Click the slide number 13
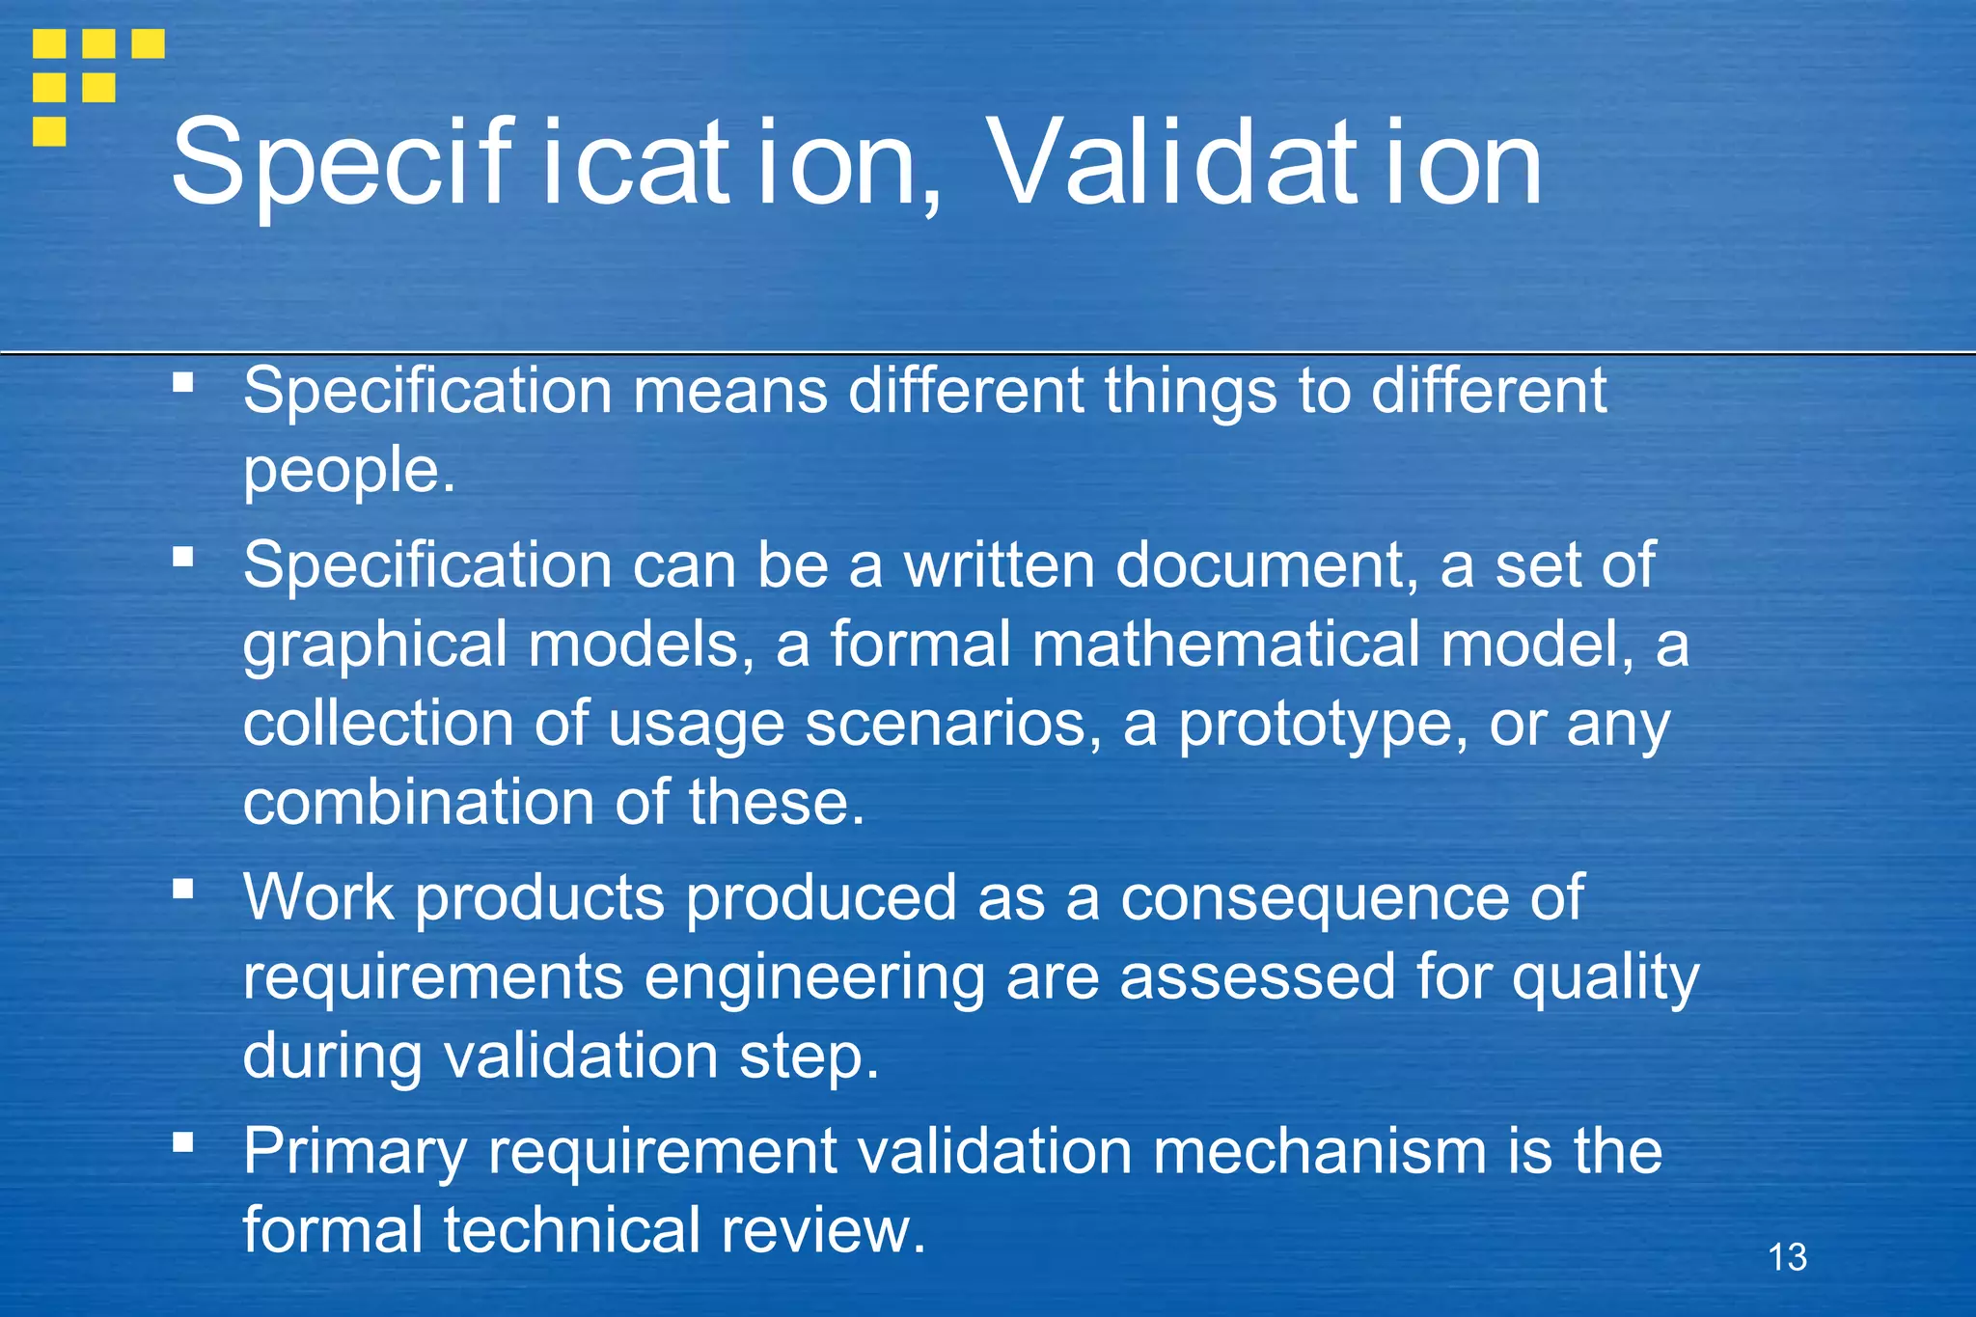tap(1787, 1257)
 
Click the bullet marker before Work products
tap(183, 888)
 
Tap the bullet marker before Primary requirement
tap(183, 1142)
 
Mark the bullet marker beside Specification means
tap(183, 382)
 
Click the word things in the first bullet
tap(1190, 392)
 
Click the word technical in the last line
tap(571, 1231)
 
